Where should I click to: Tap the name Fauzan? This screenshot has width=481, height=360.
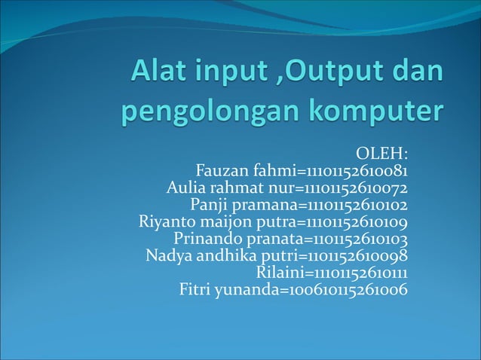222,171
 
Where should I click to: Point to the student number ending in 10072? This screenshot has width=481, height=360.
357,188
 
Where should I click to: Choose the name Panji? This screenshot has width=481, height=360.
209,205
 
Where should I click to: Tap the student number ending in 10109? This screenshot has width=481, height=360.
357,222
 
